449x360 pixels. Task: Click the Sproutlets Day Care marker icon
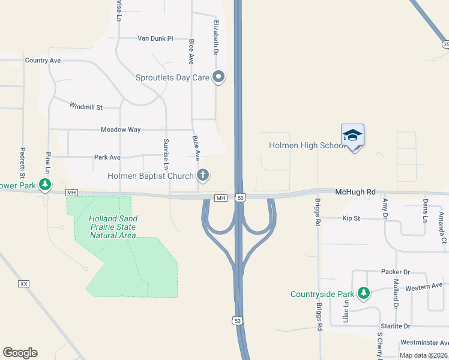[x=219, y=77]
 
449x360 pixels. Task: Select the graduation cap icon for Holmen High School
[x=352, y=135]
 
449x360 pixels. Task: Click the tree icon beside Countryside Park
[x=363, y=293]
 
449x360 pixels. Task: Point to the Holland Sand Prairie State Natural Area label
[x=113, y=227]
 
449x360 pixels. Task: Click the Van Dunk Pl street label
[x=155, y=38]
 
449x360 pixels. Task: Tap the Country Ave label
[x=43, y=61]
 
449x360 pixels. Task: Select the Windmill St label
[x=86, y=106]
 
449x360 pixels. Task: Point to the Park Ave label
[x=107, y=157]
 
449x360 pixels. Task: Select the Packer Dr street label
[x=395, y=272]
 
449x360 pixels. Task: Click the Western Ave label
[x=423, y=286]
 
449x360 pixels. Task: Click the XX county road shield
[x=24, y=283]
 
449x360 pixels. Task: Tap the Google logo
[x=20, y=353]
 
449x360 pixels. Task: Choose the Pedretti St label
[x=22, y=163]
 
